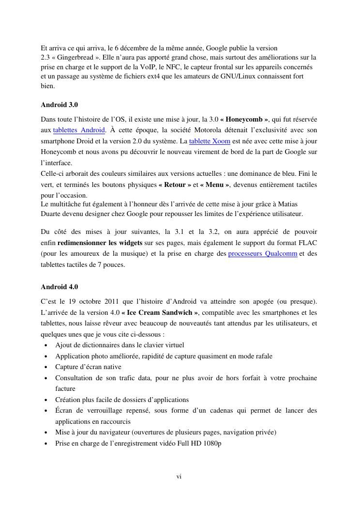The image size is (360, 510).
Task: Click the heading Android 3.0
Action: [x=59, y=105]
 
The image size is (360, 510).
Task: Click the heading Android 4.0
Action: [x=59, y=287]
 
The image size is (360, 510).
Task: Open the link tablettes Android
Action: [x=79, y=130]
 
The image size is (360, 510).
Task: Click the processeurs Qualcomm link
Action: [x=262, y=254]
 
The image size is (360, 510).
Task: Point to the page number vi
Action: [x=179, y=477]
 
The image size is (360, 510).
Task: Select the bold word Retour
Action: [x=175, y=185]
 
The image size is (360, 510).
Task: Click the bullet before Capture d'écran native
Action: [x=45, y=367]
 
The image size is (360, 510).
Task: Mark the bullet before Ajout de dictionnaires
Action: [x=45, y=345]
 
